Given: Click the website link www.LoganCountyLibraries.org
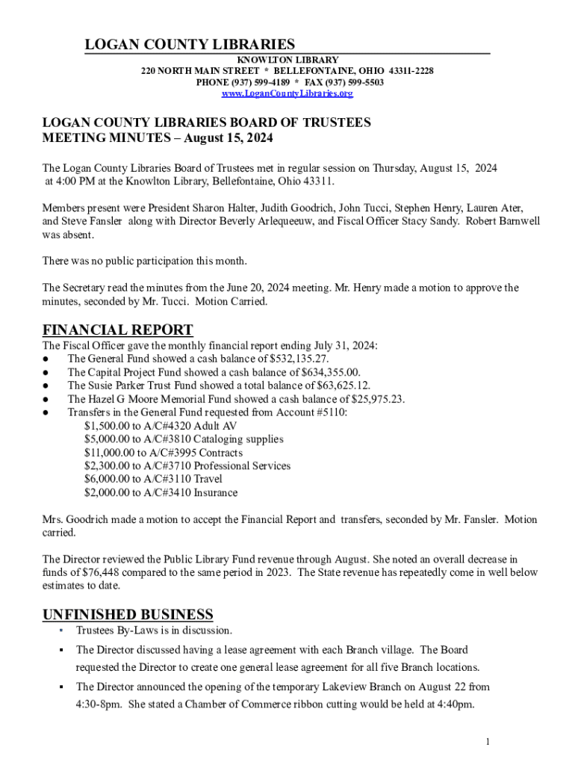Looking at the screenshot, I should click(x=287, y=93).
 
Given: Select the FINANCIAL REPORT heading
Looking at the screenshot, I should click(x=118, y=330).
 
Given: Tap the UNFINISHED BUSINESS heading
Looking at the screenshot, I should click(x=128, y=615).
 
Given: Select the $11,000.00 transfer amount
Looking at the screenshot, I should click(x=108, y=453).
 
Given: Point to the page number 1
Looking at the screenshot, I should click(x=487, y=741).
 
